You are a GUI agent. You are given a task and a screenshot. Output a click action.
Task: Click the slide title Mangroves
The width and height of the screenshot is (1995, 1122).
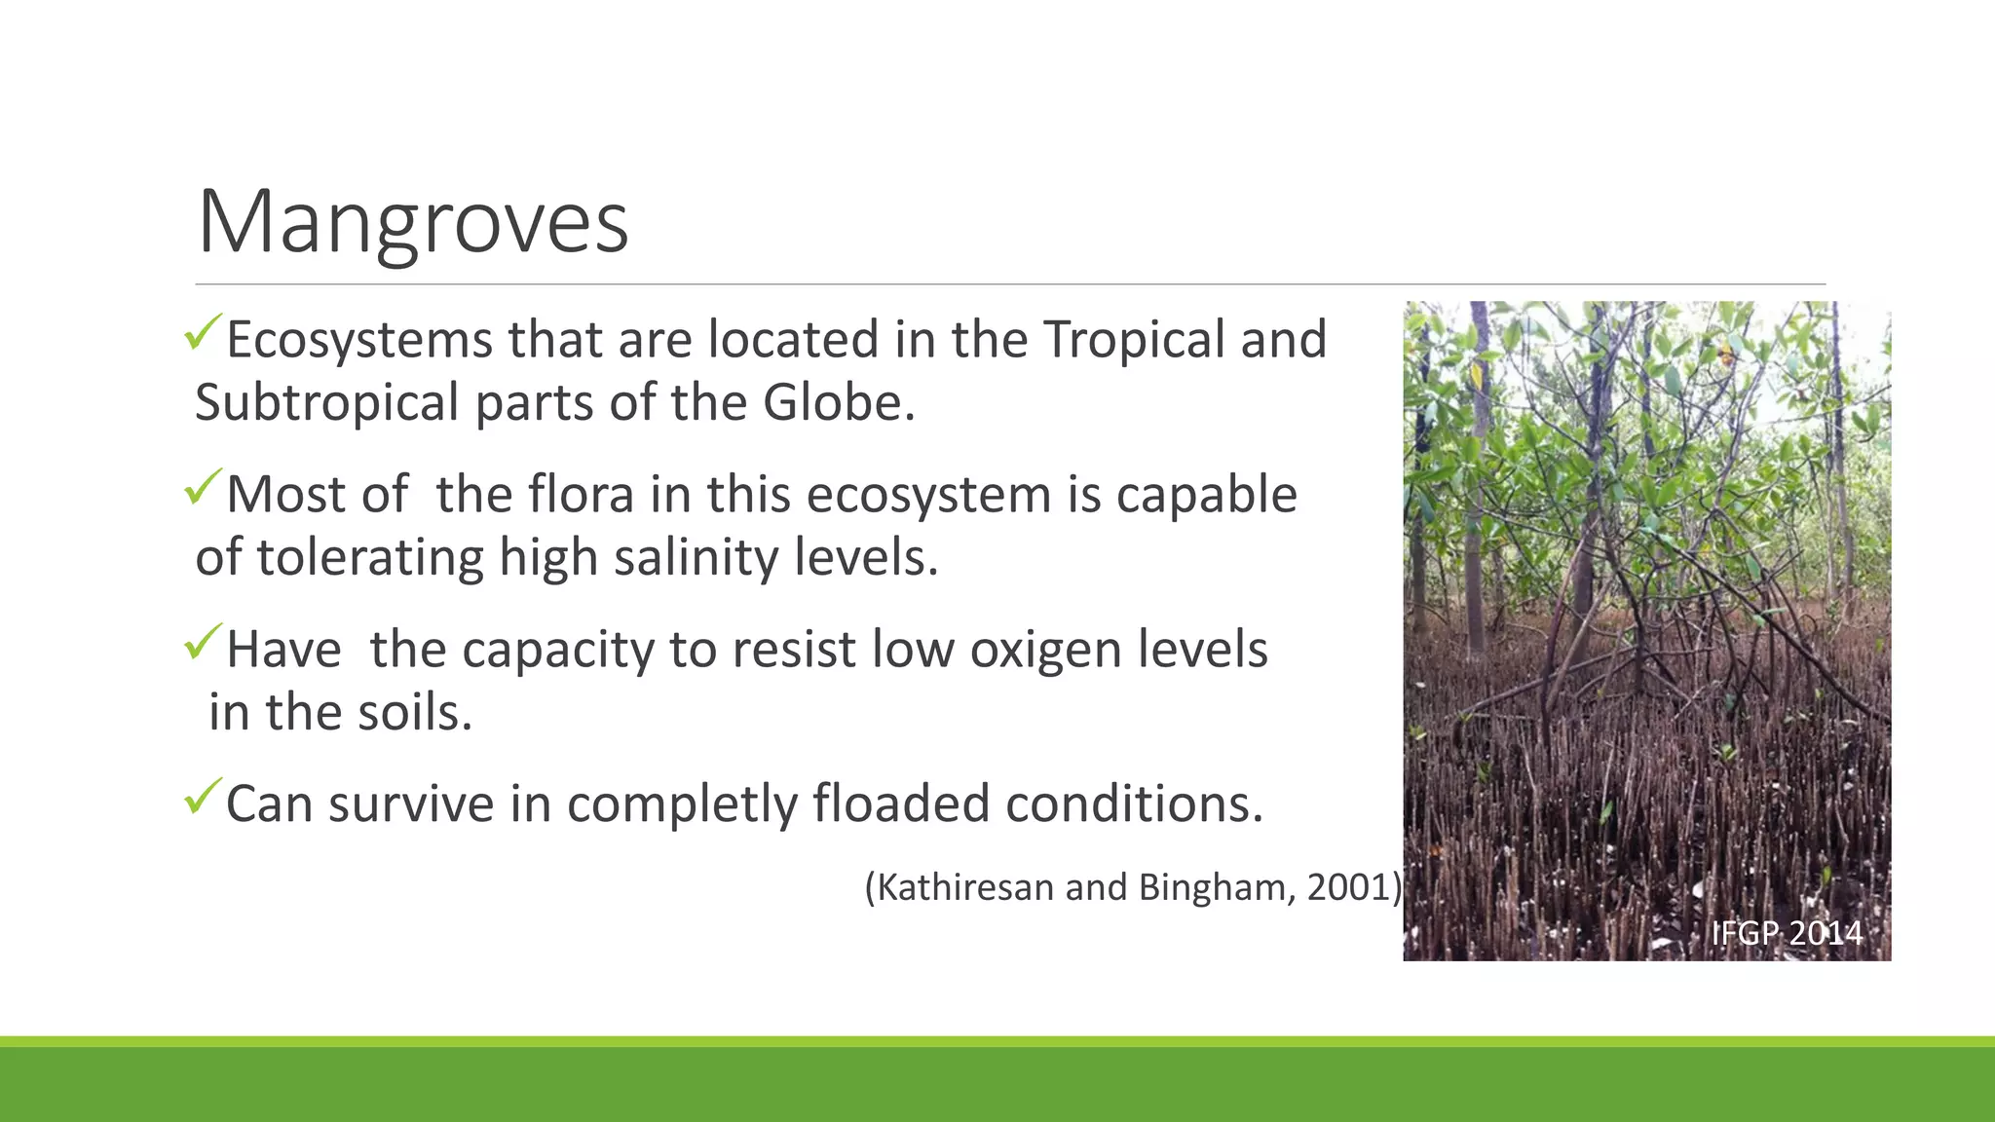click(x=413, y=223)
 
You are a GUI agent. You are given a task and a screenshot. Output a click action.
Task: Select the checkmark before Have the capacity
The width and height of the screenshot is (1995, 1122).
click(x=203, y=642)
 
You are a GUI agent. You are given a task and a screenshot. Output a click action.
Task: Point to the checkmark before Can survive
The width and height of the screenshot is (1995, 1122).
click(x=203, y=797)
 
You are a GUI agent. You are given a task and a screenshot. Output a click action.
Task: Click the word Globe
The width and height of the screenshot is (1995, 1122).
click(x=838, y=403)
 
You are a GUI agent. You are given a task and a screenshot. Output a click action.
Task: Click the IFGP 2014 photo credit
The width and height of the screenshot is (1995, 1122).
click(x=1787, y=933)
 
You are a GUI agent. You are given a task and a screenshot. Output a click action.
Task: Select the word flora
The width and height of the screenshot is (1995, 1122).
click(x=582, y=495)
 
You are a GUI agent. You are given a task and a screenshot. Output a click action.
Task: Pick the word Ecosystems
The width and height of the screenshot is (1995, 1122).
click(x=358, y=340)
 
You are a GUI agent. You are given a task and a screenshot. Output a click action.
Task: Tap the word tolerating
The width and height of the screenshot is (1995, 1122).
click(x=371, y=558)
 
